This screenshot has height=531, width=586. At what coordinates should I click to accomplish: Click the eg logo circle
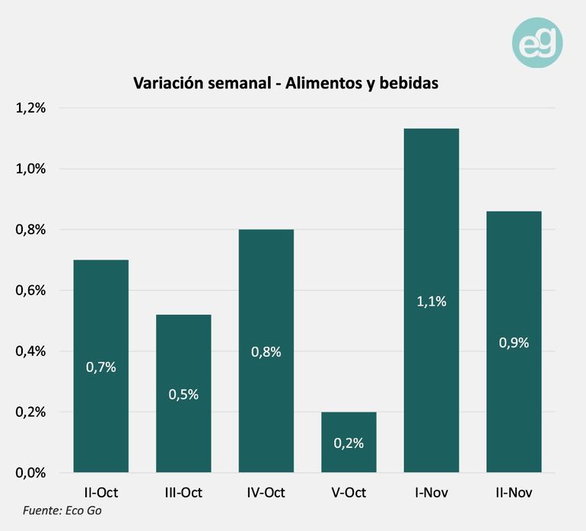(x=537, y=42)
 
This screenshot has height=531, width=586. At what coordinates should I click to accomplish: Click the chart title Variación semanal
(x=285, y=84)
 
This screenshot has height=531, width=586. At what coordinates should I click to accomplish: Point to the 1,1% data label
(x=431, y=301)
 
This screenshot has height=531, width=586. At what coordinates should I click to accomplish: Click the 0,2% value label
(x=349, y=443)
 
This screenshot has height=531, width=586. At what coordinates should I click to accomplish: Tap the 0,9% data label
(x=514, y=342)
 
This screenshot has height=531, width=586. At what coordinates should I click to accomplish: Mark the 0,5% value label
(x=183, y=394)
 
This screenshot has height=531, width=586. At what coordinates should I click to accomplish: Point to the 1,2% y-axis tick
(x=31, y=108)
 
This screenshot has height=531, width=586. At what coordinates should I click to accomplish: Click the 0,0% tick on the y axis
(x=31, y=472)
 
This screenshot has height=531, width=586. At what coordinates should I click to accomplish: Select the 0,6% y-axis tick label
(x=31, y=290)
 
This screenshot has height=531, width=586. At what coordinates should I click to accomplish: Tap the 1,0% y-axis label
(x=31, y=169)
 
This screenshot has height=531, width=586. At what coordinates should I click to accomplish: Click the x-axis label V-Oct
(x=349, y=493)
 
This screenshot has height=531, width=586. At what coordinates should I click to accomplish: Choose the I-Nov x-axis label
(x=431, y=493)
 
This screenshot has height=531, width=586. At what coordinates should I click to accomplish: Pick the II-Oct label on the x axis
(x=101, y=493)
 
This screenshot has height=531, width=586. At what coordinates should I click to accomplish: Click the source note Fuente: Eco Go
(x=62, y=510)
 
